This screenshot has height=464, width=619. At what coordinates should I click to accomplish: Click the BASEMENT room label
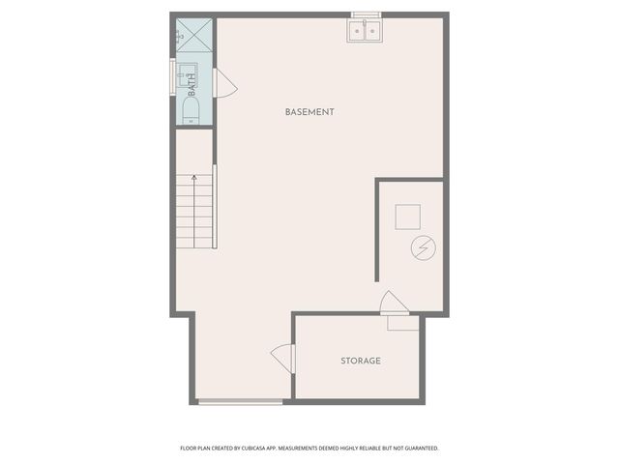[309, 112]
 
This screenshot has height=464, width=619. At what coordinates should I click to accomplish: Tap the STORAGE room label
[360, 361]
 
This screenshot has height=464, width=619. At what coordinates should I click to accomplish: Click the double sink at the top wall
[365, 32]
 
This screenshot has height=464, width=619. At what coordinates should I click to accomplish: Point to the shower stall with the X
[193, 37]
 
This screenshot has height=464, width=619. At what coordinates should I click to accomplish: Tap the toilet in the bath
[191, 106]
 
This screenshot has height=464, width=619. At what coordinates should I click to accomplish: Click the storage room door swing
[282, 359]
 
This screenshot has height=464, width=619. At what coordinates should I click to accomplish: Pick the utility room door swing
[394, 303]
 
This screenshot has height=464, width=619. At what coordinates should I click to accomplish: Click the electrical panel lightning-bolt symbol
[423, 249]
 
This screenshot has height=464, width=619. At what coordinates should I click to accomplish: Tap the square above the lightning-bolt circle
[407, 216]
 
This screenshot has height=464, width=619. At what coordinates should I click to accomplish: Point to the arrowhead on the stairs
[194, 178]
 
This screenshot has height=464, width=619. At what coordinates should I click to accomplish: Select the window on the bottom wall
[241, 401]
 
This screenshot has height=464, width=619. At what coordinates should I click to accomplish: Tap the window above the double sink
[365, 14]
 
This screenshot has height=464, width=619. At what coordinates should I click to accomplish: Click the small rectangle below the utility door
[403, 323]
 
